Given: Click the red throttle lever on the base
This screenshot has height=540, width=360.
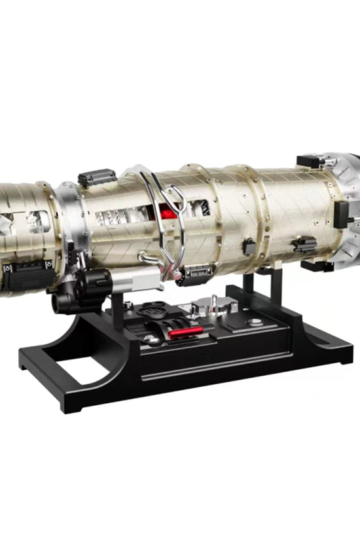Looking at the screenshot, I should pyautogui.click(x=187, y=332).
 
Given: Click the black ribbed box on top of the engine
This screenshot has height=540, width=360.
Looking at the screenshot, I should pyautogui.click(x=97, y=177).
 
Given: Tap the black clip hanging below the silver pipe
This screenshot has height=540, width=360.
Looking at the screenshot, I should pyautogui.click(x=193, y=277).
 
